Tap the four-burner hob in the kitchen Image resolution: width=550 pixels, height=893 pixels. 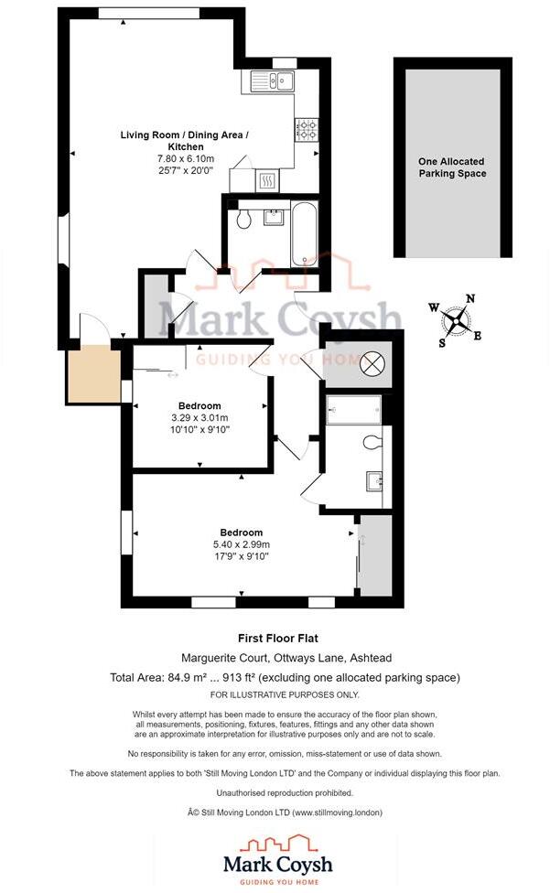click(x=306, y=129)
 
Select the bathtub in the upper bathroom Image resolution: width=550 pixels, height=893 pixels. click(x=302, y=233)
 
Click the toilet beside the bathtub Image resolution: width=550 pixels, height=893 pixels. click(x=243, y=220)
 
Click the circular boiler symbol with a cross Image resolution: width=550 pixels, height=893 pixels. click(x=373, y=363)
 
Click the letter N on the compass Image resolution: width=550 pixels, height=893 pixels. click(x=470, y=298)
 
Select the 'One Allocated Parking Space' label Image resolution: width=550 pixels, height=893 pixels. click(x=452, y=167)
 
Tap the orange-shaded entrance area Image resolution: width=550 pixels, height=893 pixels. click(x=93, y=374)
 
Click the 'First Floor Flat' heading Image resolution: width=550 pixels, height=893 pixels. click(x=275, y=639)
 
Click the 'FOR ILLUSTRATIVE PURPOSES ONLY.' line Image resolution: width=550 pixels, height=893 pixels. click(x=275, y=694)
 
